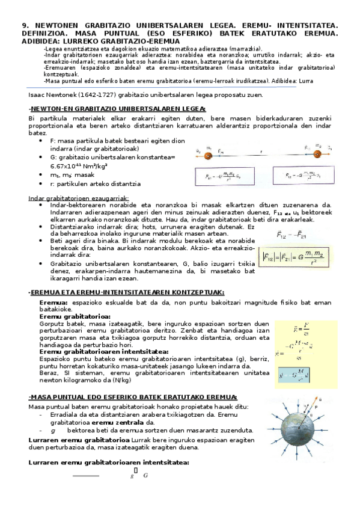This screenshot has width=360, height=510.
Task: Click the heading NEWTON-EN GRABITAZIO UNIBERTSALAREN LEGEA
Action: click(x=117, y=108)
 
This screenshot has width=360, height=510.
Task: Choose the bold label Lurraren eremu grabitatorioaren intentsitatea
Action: click(x=109, y=462)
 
